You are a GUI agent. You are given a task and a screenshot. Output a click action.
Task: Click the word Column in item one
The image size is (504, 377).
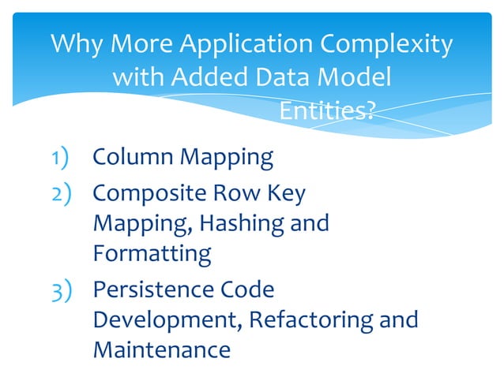pyautogui.click(x=134, y=158)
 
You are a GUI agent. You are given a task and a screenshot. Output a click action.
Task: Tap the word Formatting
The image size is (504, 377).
pyautogui.click(x=152, y=254)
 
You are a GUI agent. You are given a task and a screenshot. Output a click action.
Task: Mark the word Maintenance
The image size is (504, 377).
pyautogui.click(x=161, y=349)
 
